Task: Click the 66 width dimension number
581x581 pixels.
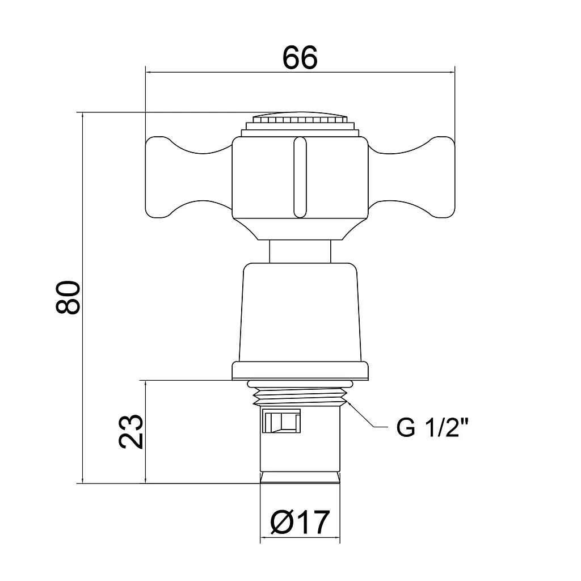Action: click(300, 57)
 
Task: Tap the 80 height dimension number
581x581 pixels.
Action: click(68, 297)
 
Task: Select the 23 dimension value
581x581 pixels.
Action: click(131, 431)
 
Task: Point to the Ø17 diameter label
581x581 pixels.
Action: click(300, 522)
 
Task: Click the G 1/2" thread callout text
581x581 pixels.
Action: click(432, 427)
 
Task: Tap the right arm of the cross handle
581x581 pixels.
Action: click(411, 177)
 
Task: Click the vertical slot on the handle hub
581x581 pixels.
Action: click(300, 177)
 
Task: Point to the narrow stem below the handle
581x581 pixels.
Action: click(300, 251)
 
